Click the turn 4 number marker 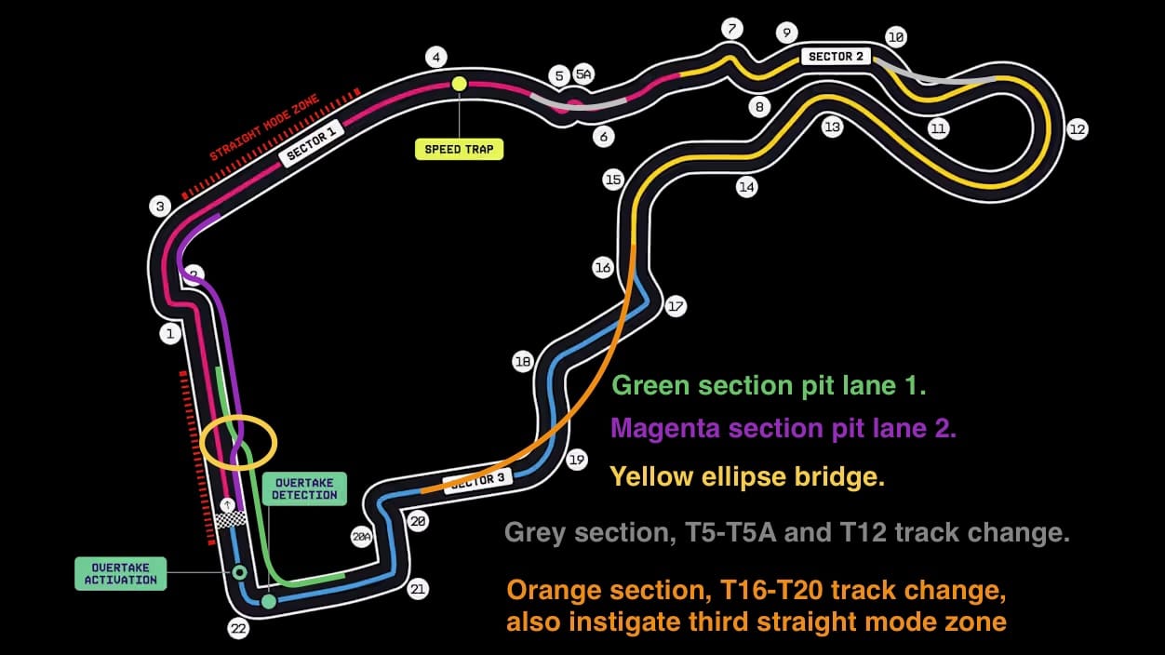click(435, 57)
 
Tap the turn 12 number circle click(1078, 129)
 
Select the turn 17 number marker click(675, 306)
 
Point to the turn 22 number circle click(238, 629)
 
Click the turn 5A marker click(583, 74)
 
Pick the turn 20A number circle click(361, 537)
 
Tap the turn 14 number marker click(746, 187)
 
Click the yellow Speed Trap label click(459, 149)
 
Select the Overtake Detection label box click(304, 488)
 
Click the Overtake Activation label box click(121, 573)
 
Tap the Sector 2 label click(836, 56)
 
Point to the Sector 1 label click(312, 143)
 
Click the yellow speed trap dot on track click(460, 84)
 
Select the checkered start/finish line click(231, 519)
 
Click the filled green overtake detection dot click(268, 601)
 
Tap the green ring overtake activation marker click(239, 572)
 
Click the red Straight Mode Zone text click(264, 127)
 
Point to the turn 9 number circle click(786, 33)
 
